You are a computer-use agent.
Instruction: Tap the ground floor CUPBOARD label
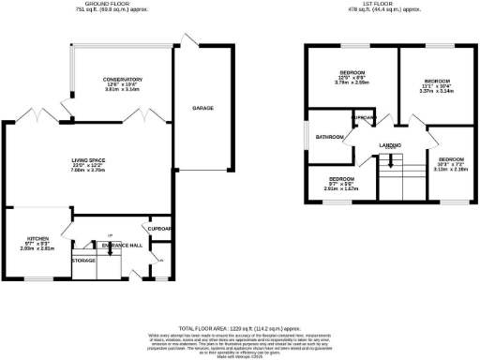click(x=157, y=228)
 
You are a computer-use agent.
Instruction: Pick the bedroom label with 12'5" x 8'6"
click(x=352, y=72)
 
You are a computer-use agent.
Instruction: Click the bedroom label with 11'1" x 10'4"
click(x=438, y=81)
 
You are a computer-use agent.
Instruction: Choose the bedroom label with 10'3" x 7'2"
click(x=451, y=159)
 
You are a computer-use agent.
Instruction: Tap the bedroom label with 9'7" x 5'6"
click(x=341, y=178)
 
